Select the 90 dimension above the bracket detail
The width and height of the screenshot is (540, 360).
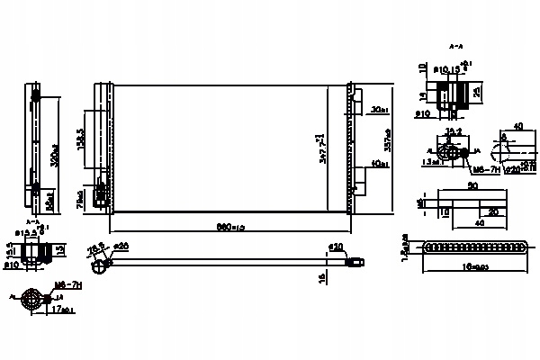click(472, 187)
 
